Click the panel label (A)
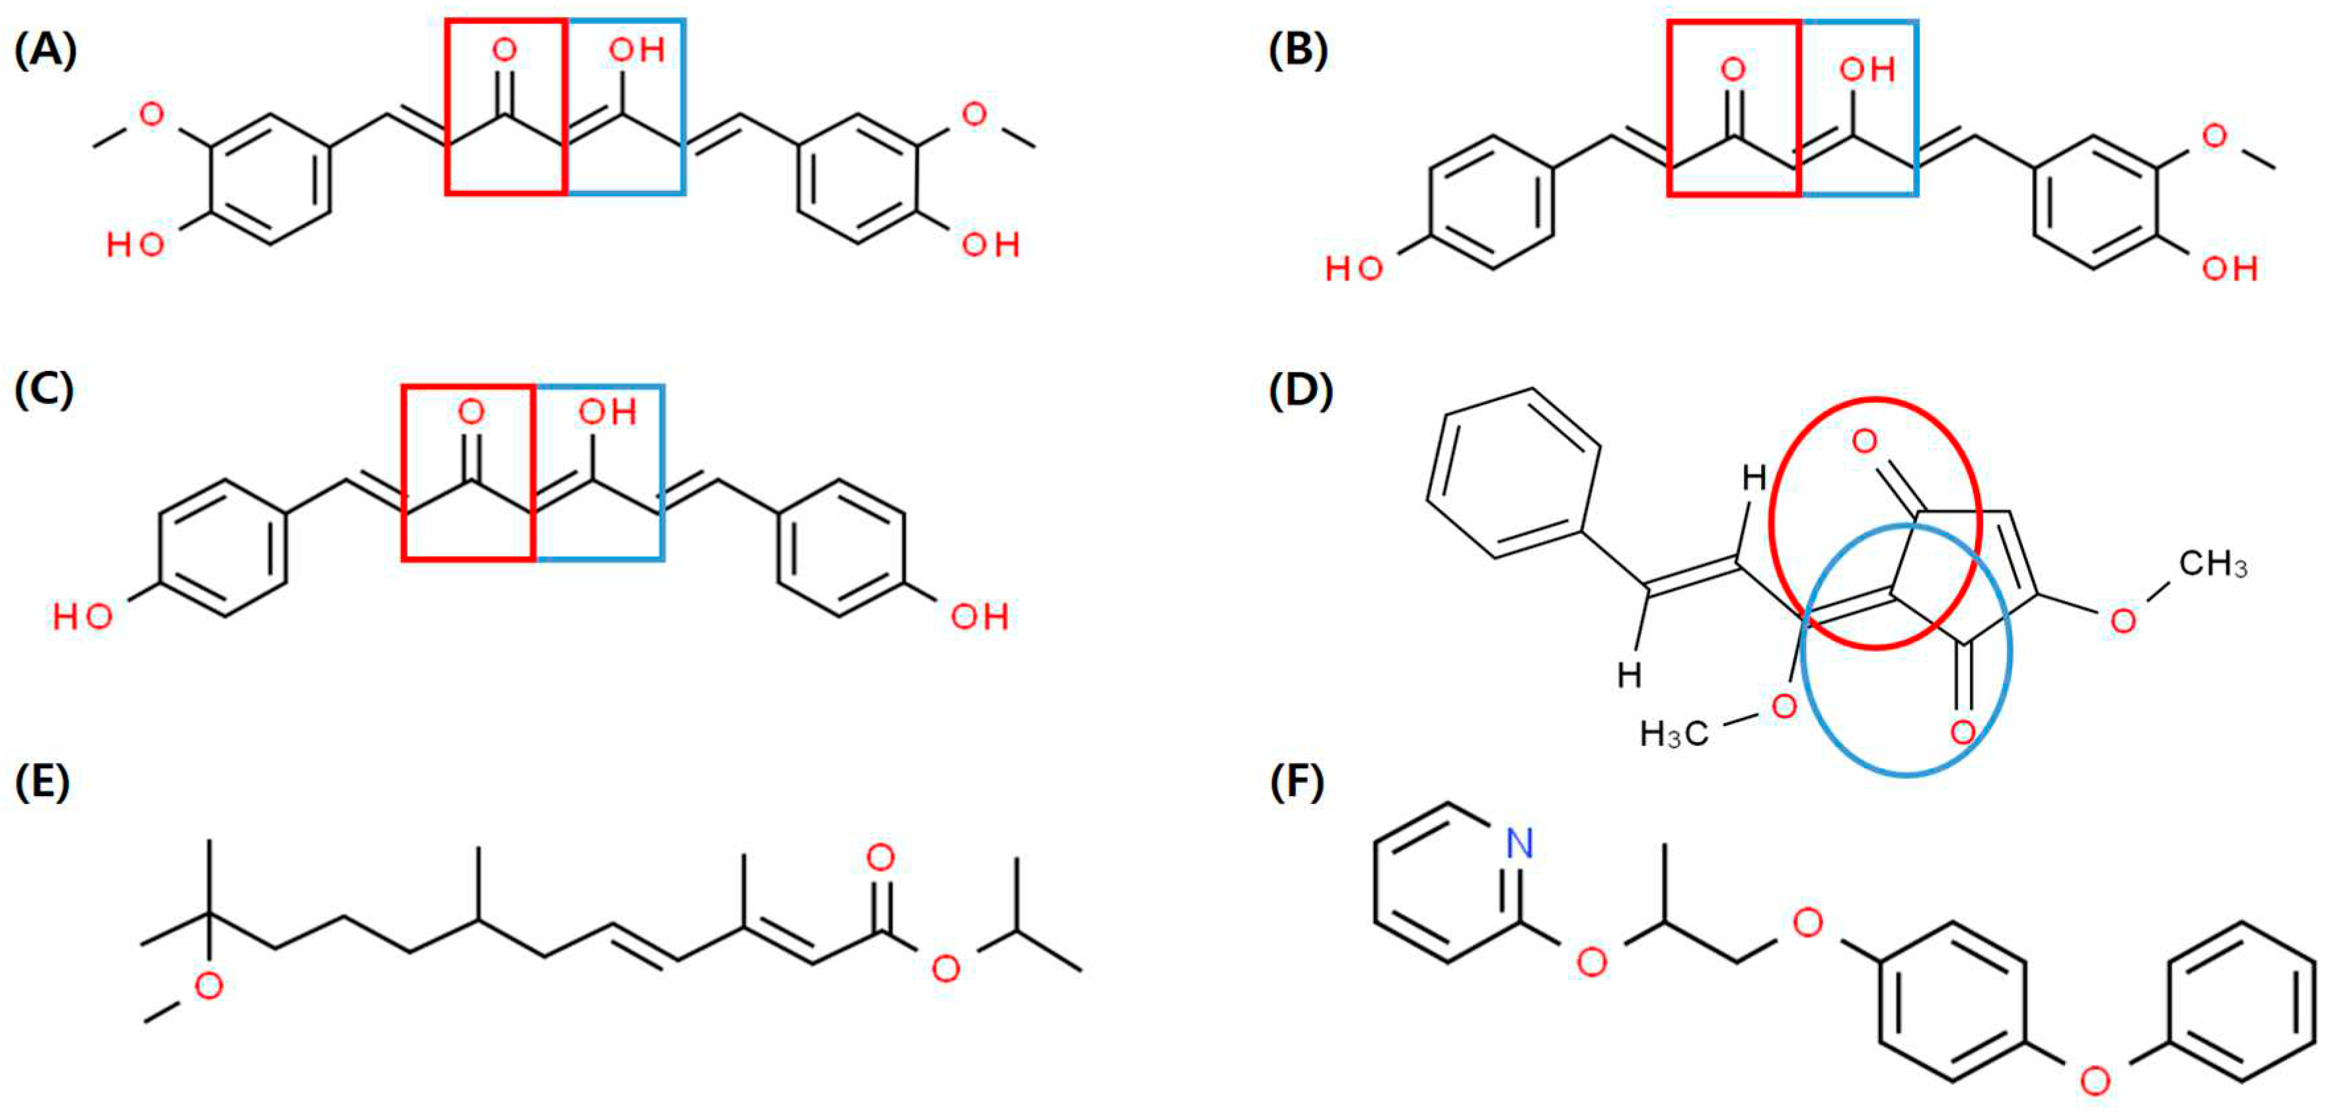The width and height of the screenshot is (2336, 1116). tap(46, 52)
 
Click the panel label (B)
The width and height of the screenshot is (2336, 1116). tap(1299, 52)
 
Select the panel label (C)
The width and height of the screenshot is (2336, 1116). tap(44, 390)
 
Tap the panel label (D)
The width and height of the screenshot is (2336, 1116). tap(1300, 390)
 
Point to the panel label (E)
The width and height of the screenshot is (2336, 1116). tap(42, 782)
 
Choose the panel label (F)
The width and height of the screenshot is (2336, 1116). tap(1297, 782)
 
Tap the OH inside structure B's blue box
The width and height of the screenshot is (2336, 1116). tap(1867, 70)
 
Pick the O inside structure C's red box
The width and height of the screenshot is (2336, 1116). tap(471, 413)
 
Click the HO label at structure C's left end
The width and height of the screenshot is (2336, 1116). tap(83, 617)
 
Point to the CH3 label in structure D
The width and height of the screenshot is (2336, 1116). tap(2212, 565)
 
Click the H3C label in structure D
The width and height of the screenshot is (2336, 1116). tap(1674, 733)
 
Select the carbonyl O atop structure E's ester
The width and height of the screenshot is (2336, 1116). tap(880, 858)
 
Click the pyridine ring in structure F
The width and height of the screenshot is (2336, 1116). tap(1445, 882)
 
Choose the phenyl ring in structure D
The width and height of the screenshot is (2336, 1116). tap(1513, 473)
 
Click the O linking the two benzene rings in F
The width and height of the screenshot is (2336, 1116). tap(2095, 1080)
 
